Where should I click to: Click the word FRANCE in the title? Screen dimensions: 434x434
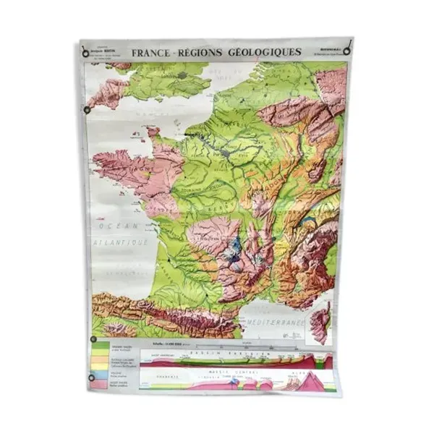tap(151, 52)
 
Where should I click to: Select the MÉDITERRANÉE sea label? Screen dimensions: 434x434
tap(281, 319)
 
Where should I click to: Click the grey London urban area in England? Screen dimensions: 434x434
tap(189, 74)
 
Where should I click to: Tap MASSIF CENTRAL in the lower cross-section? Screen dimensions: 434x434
tap(250, 374)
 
